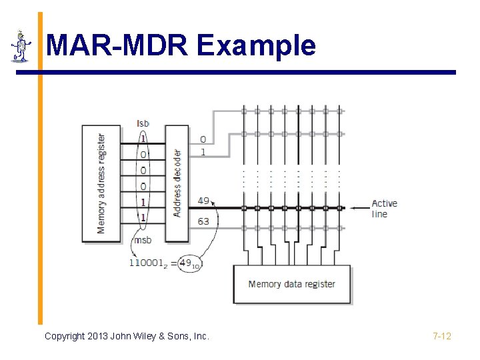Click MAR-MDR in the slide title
118,45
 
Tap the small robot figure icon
21,46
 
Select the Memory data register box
291,284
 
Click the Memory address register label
101,183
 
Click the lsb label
143,123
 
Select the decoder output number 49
203,201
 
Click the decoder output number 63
203,221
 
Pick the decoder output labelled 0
203,140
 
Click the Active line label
384,209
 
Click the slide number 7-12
441,336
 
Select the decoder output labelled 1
203,152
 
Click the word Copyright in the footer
65,336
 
